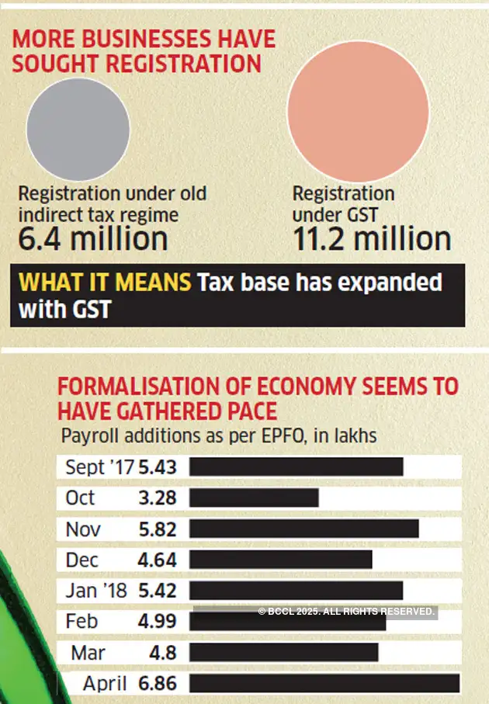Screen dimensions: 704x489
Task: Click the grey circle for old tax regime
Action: [78, 129]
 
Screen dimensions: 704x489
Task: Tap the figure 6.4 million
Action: [93, 238]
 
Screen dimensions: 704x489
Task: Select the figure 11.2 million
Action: [372, 238]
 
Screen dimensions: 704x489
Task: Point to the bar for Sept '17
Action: [296, 466]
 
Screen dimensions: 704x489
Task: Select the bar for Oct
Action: [254, 498]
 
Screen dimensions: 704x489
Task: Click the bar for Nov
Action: [303, 529]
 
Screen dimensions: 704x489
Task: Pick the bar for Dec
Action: [280, 560]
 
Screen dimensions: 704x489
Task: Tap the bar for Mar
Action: [283, 652]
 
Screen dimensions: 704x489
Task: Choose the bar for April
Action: [324, 683]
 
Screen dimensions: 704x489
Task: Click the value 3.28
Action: [158, 498]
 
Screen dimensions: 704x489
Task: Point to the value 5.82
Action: [158, 529]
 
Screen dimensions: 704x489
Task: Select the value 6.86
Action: [158, 684]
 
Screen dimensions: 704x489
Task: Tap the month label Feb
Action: [82, 622]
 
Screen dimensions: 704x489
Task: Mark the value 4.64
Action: [158, 560]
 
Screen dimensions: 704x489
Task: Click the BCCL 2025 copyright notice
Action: [346, 612]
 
